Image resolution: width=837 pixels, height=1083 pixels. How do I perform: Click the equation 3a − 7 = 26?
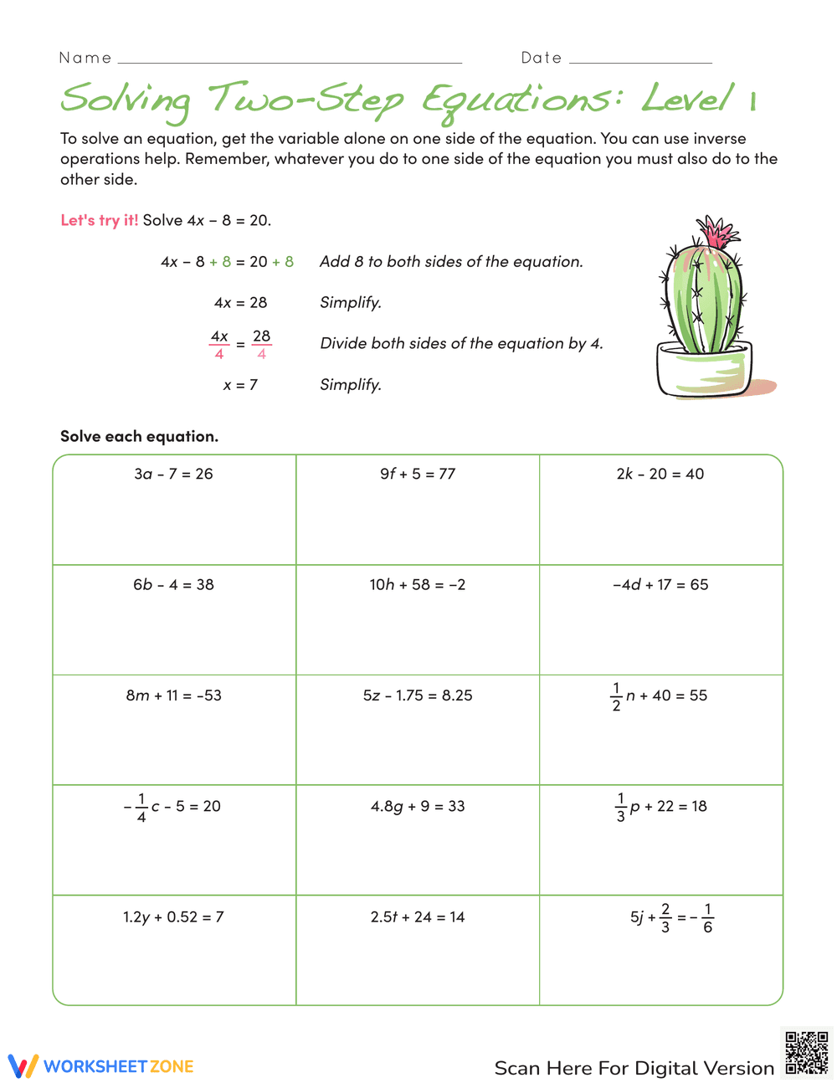[173, 474]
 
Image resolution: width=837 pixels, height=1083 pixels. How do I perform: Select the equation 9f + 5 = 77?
[418, 474]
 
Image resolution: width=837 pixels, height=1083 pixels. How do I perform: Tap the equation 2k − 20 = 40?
[660, 474]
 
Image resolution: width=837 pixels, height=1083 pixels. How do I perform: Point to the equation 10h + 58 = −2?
[418, 584]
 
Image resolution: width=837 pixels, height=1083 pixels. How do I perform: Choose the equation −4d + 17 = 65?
[660, 584]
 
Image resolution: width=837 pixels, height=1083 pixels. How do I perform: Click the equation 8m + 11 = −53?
[173, 695]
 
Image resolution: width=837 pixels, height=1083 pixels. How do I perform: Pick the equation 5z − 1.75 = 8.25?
[418, 695]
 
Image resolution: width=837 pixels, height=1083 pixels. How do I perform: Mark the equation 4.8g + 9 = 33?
[418, 806]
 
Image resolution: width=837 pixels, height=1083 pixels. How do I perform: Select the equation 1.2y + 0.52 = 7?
[173, 917]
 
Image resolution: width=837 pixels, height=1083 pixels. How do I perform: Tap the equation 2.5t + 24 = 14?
[418, 917]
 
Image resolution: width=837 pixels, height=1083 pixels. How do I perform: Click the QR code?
[807, 1053]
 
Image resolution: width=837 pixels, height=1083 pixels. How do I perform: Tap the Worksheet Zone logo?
[101, 1066]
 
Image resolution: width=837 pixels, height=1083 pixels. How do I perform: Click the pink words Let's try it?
[99, 220]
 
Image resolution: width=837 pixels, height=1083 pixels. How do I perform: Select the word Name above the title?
[85, 58]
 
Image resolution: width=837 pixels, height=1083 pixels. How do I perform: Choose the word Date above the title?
[542, 58]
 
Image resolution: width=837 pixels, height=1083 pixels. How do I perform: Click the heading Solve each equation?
[139, 436]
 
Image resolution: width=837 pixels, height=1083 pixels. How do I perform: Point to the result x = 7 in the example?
[240, 385]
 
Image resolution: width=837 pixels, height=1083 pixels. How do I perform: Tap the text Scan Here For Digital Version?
[634, 1068]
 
